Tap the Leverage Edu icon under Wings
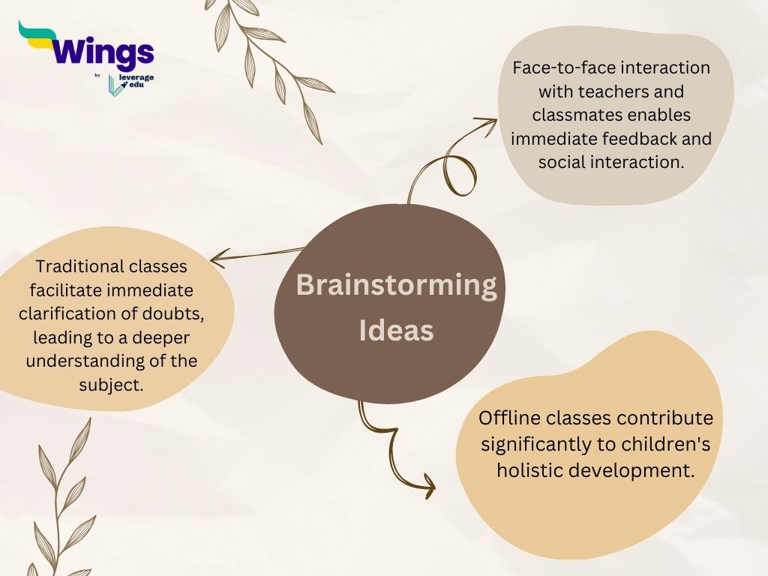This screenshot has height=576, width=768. pyautogui.click(x=115, y=85)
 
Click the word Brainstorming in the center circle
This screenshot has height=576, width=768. pyautogui.click(x=396, y=286)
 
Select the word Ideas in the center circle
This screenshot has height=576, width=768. pyautogui.click(x=396, y=331)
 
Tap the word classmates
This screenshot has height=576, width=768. pyautogui.click(x=574, y=115)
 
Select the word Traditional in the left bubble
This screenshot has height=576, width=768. pyautogui.click(x=80, y=265)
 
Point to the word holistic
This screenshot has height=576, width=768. pyautogui.click(x=529, y=470)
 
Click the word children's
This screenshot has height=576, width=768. pyautogui.click(x=666, y=444)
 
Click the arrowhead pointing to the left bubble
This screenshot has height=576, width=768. pyautogui.click(x=216, y=260)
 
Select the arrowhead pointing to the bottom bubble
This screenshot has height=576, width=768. pyautogui.click(x=429, y=487)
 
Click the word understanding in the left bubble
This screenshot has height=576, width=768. pyautogui.click(x=87, y=361)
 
